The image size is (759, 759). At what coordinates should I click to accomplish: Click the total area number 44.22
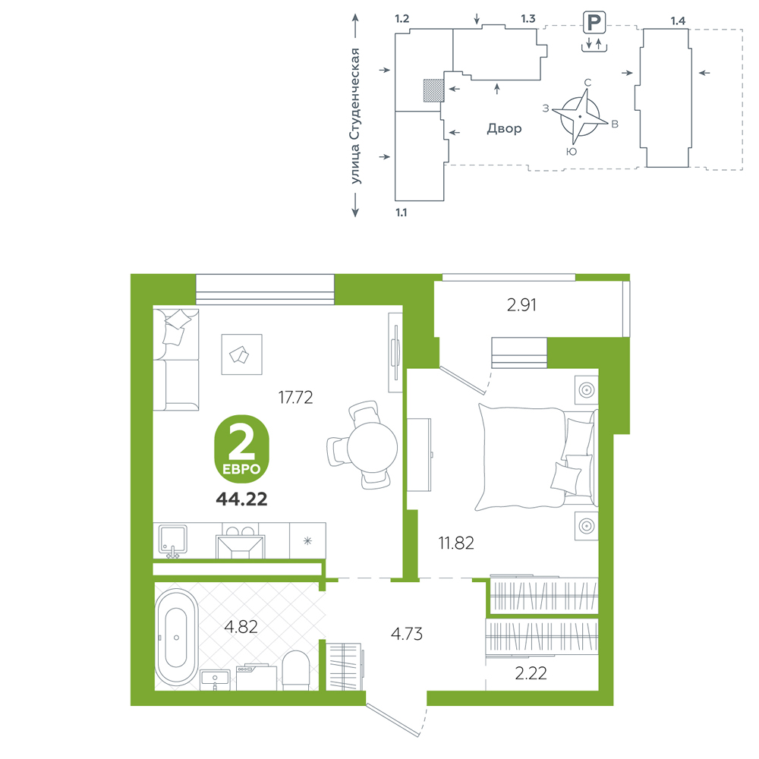tap(241, 499)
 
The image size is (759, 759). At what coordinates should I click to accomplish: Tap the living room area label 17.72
tap(295, 398)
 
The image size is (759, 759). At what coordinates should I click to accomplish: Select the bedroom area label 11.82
tap(456, 543)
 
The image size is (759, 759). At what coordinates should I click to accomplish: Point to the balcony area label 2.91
tap(521, 305)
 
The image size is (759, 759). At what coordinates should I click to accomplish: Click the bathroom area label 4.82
tap(241, 627)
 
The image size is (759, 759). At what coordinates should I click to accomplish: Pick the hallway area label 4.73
tap(407, 634)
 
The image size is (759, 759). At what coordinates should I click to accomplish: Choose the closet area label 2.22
tap(531, 673)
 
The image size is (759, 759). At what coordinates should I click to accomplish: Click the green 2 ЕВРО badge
tap(241, 449)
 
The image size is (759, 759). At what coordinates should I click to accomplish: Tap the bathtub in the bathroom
tap(176, 637)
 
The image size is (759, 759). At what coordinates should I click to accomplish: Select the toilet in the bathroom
tap(295, 670)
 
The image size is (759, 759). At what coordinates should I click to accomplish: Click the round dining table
tap(372, 447)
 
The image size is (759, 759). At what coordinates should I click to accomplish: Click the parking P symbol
tap(594, 22)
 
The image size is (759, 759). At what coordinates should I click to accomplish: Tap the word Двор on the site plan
tap(505, 128)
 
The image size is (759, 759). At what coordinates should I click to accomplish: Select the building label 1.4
tap(678, 20)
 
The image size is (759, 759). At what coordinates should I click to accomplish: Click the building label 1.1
tap(402, 213)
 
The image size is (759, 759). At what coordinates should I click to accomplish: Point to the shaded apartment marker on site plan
tap(433, 90)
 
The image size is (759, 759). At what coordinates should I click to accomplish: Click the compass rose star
tap(580, 117)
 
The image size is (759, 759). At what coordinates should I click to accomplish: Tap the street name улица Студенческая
tap(355, 116)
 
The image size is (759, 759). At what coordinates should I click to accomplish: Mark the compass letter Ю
tap(572, 152)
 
